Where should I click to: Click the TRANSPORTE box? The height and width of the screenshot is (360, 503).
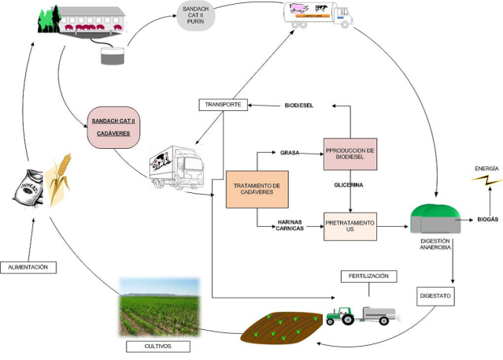pyautogui.click(x=224, y=105)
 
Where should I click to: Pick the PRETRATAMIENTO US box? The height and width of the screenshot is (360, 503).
pyautogui.click(x=350, y=225)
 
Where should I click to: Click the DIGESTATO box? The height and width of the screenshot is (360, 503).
pyautogui.click(x=436, y=297)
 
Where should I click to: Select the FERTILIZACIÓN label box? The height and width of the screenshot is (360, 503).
pyautogui.click(x=368, y=276)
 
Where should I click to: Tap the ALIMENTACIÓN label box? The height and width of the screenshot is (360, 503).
pyautogui.click(x=29, y=267)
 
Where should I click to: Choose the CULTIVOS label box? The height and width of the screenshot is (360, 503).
pyautogui.click(x=158, y=346)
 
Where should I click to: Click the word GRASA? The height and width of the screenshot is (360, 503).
pyautogui.click(x=290, y=151)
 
